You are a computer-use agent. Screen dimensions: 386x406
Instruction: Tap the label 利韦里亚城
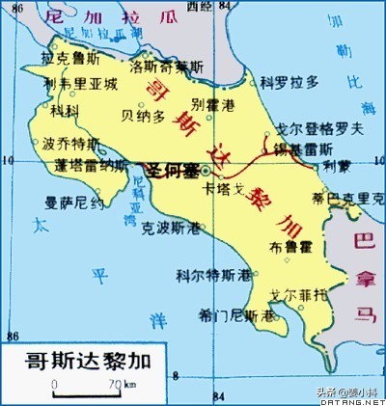[81, 84]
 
